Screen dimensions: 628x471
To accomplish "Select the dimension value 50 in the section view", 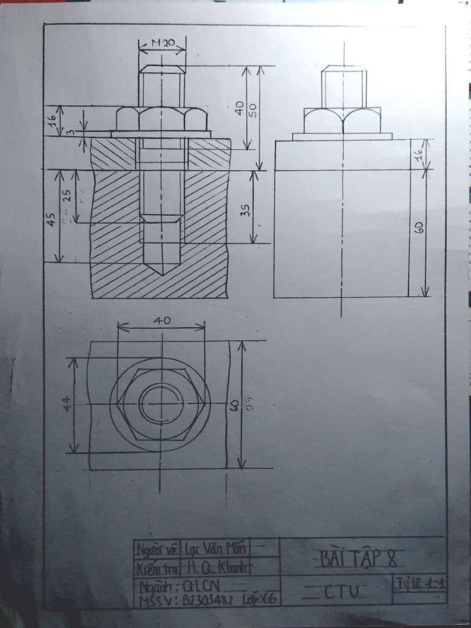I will click(x=252, y=109).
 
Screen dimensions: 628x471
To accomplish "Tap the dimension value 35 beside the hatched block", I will click(x=245, y=210).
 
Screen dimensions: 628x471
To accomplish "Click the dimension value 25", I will click(x=67, y=195).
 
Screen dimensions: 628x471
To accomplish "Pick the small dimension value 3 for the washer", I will click(x=71, y=132).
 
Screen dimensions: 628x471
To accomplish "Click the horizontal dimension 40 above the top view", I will click(x=162, y=320).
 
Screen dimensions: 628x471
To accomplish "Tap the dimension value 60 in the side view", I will click(x=419, y=227).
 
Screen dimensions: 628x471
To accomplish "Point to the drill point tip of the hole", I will click(x=161, y=274).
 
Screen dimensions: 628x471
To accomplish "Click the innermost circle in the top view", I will click(x=161, y=404).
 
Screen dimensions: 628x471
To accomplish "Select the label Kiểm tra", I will click(x=157, y=568).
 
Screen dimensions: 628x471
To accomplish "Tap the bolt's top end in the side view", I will click(x=344, y=66).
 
